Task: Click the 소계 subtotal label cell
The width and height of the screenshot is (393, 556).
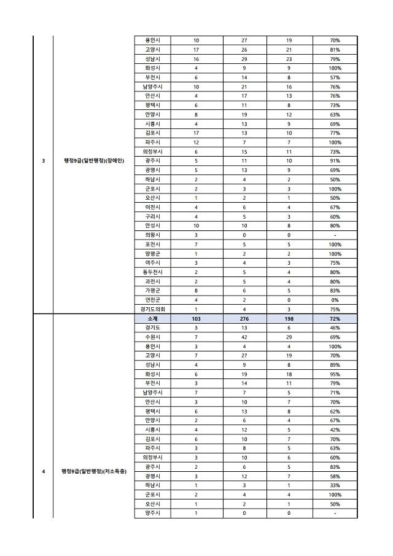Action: tap(149, 319)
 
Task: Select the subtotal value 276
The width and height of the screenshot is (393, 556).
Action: tap(244, 319)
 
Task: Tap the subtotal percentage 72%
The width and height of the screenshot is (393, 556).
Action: tap(335, 319)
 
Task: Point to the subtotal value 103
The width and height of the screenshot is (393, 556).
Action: tap(196, 319)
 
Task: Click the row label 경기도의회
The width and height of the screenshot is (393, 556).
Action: tap(149, 310)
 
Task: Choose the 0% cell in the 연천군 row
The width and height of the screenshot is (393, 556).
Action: tap(335, 300)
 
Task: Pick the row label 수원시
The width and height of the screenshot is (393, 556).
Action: tap(149, 338)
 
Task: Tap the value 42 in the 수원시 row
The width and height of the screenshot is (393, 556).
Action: tap(244, 338)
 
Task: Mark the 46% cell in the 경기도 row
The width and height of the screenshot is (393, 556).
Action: tap(335, 329)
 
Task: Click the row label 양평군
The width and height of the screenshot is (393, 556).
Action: tap(149, 253)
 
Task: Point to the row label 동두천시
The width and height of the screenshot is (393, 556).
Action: tap(149, 272)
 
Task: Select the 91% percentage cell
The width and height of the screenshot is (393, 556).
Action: tap(335, 161)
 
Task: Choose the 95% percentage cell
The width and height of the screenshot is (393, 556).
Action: tap(335, 375)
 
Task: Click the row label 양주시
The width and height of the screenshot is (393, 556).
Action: tap(149, 513)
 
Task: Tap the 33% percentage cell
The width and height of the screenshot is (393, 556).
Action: tap(335, 485)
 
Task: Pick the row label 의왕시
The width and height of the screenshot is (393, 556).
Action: tap(149, 235)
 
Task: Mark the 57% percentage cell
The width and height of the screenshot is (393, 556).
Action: tap(335, 77)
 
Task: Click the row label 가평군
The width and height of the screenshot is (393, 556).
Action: tap(149, 291)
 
